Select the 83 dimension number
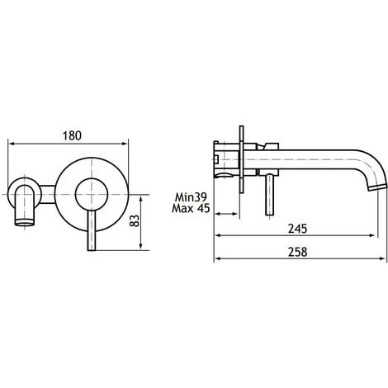[x=157, y=221]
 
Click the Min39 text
[x=192, y=197]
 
